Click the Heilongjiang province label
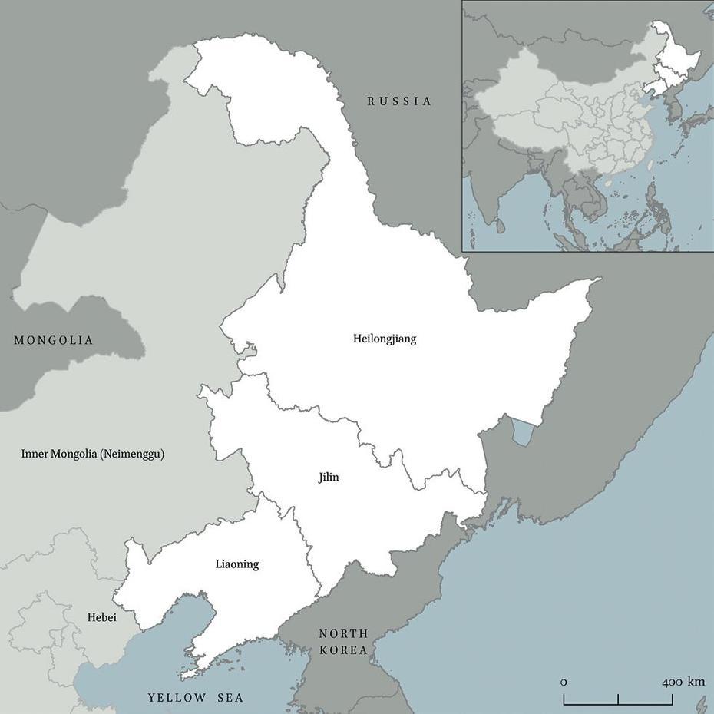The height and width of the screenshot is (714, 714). coord(385,339)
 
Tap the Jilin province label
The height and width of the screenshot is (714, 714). coord(329,478)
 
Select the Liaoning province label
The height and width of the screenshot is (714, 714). coord(237,564)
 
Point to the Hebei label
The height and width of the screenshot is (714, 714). coord(101,616)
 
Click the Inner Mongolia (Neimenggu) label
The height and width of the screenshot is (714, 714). coord(93,454)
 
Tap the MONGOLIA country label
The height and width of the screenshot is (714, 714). coord(53,340)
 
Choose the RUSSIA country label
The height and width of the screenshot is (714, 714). coord(399,101)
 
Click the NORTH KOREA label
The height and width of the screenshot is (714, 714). coord(343,642)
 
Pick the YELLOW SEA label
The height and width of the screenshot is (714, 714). coord(196,698)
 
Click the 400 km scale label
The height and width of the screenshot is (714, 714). coord(683,682)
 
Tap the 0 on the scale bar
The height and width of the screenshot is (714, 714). coord(564,682)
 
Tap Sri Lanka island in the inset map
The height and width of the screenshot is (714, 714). coord(501,226)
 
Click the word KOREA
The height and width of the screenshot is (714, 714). coord(343,650)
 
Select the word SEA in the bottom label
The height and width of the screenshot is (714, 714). coord(230,698)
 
